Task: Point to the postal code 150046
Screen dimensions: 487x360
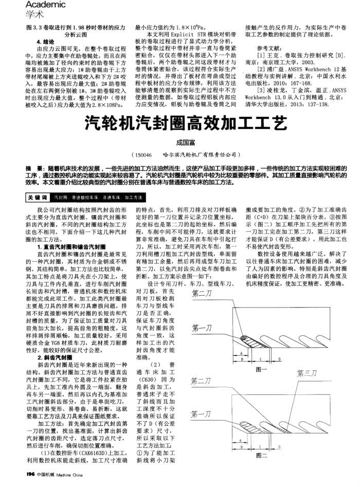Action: coord(142,154)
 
